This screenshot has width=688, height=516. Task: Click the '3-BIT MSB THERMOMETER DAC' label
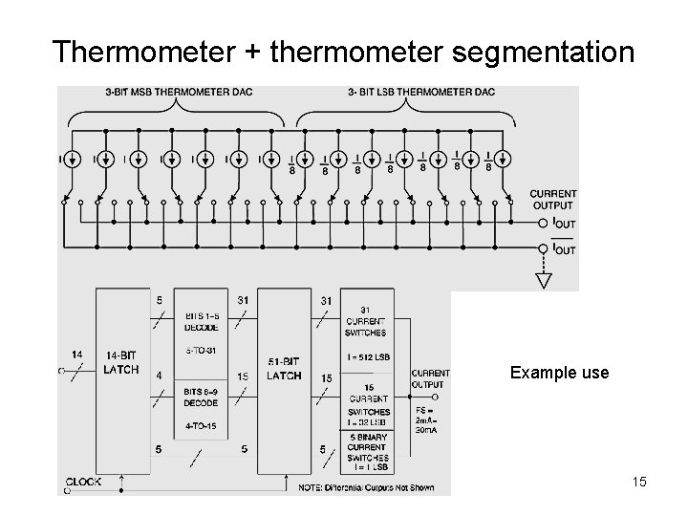point(173,93)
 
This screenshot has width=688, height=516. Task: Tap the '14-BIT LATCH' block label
point(120,363)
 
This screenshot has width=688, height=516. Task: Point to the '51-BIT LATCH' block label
point(285,369)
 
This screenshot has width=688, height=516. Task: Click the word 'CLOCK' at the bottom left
point(85,482)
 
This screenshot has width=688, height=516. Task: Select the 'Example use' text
point(559,373)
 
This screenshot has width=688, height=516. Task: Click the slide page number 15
point(639,482)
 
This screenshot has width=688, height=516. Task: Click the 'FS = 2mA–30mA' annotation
point(428,420)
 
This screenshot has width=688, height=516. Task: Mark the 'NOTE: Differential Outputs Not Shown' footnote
point(378,487)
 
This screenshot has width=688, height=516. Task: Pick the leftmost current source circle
point(73,159)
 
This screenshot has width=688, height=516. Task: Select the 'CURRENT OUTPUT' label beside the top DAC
point(552,200)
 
